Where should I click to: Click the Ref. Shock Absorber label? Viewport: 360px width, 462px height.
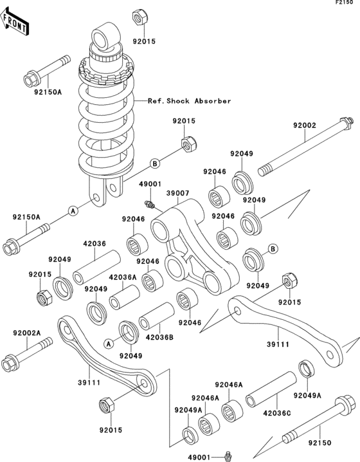(189, 101)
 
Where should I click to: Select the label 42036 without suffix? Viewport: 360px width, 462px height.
(94, 244)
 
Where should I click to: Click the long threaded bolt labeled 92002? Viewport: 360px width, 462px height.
(305, 147)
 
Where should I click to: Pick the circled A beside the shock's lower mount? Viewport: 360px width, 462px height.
(73, 210)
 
